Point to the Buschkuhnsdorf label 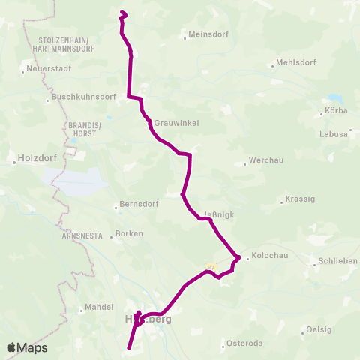coord(83,97)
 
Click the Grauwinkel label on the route coord(175,123)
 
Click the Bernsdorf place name coord(136,205)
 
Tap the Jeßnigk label coord(219,214)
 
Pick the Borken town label coord(129,234)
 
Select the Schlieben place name coord(337,260)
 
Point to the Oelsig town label coord(319,330)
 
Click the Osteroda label coord(244,344)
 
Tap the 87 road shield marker coord(211,266)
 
